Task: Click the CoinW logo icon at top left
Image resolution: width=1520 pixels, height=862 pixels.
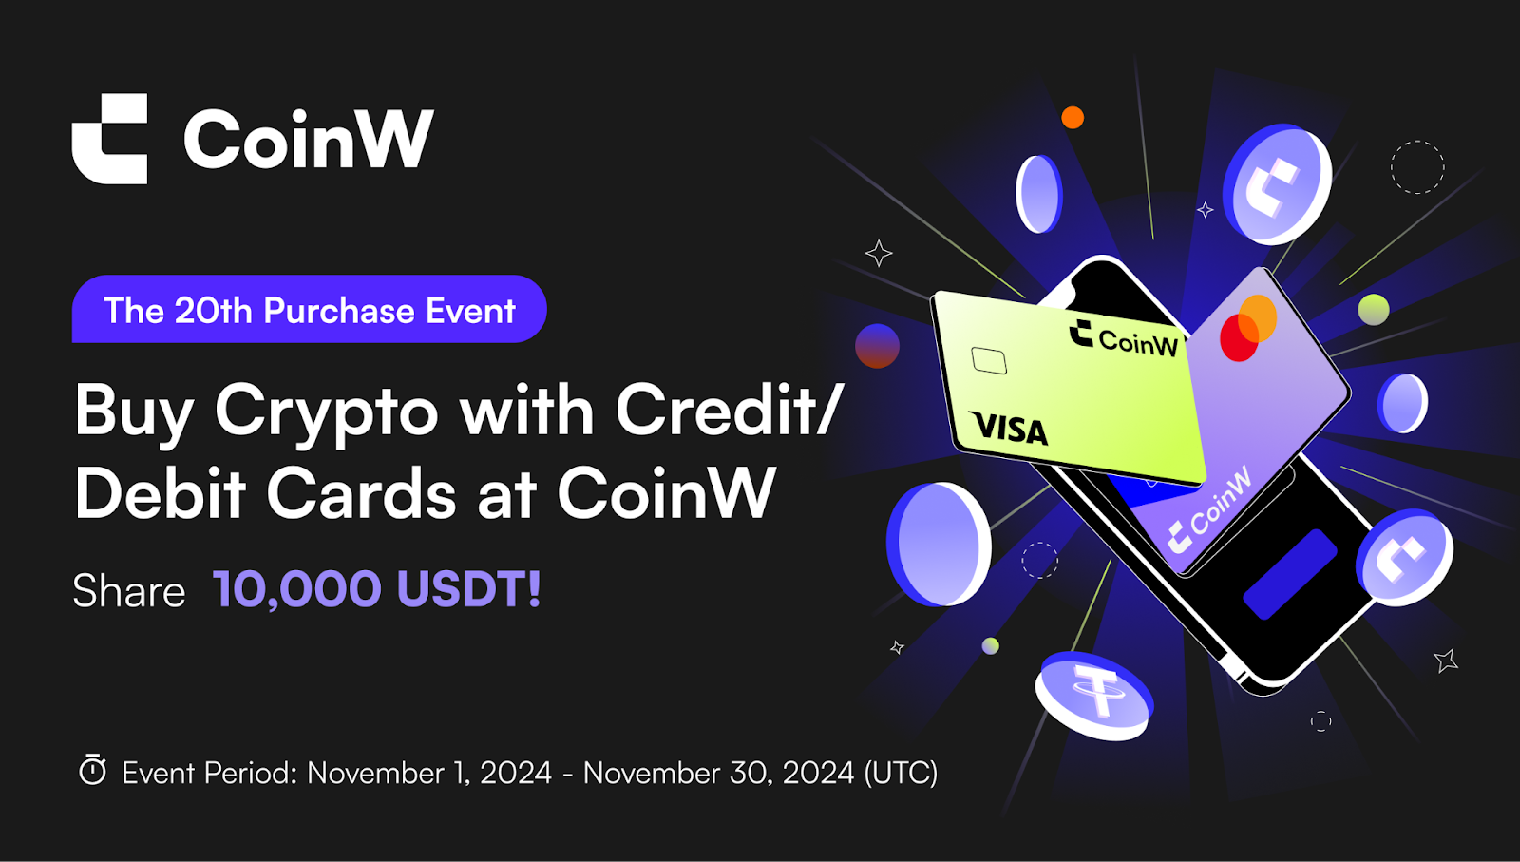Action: coord(109,139)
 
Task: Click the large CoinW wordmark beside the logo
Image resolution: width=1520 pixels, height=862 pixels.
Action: coord(309,139)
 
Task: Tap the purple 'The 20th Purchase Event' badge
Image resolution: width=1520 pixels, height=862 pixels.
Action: coord(310,309)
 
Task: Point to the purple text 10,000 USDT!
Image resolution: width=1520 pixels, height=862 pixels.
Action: coord(376,587)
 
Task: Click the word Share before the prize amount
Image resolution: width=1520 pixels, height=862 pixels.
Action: coord(129,590)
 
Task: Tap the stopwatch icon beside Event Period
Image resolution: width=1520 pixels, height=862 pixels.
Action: coord(92,770)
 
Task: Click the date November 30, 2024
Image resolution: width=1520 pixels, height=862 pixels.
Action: coord(718,773)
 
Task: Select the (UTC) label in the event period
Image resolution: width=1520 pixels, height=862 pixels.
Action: coord(902,773)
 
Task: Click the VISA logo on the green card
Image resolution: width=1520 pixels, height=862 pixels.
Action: coord(1009,429)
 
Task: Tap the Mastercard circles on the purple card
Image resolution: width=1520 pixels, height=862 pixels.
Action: coord(1248,328)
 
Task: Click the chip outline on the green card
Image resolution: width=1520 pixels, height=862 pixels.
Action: coord(989,360)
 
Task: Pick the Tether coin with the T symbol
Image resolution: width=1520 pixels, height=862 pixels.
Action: coord(1093,695)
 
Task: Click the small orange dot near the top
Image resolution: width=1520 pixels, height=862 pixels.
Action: coord(1073,118)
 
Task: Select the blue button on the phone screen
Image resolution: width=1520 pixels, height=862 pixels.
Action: coord(1290,573)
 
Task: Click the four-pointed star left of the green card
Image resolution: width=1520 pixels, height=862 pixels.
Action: coord(879,253)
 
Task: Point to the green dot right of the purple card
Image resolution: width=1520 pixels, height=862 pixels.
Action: coord(1374,310)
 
